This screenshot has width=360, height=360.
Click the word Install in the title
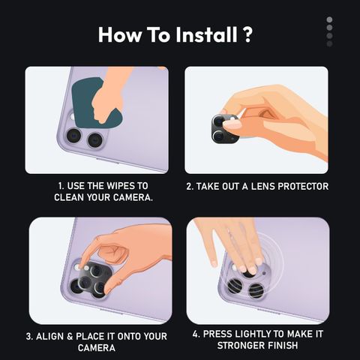(x=206, y=34)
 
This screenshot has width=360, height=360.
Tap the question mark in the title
(x=247, y=34)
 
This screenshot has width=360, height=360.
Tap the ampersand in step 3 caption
(x=70, y=336)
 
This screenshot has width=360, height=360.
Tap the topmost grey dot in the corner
(x=329, y=19)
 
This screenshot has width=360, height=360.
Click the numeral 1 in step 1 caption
(x=60, y=186)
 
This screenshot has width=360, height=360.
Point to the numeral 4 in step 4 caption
(x=196, y=334)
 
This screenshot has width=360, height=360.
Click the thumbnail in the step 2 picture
(x=232, y=124)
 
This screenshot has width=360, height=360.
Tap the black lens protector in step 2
(x=223, y=130)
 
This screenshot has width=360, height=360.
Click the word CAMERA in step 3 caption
(x=97, y=348)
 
